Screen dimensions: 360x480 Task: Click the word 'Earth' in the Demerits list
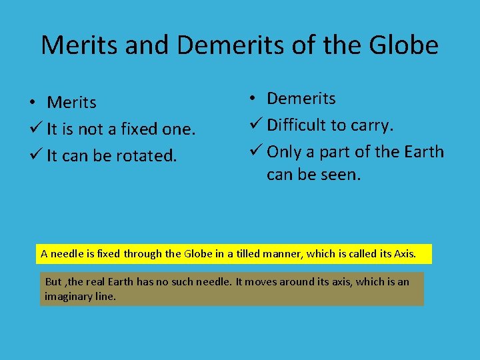(423, 151)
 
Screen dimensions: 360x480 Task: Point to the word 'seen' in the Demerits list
(343, 175)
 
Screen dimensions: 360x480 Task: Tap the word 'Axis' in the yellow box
(403, 253)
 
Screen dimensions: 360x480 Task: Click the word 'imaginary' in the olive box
(65, 296)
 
